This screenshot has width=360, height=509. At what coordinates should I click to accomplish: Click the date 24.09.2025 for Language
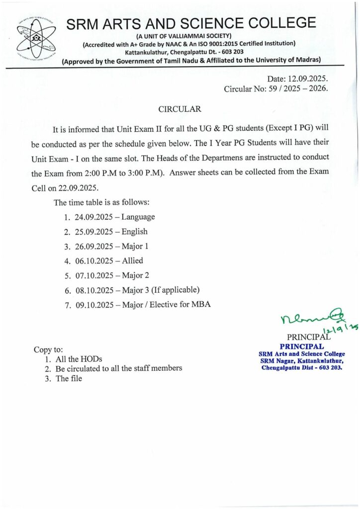pyautogui.click(x=93, y=217)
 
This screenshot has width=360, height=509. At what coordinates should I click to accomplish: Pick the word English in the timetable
pyautogui.click(x=135, y=231)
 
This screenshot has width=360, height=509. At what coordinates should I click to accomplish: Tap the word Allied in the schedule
pyautogui.click(x=132, y=260)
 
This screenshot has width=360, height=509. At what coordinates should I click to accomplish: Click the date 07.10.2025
pyautogui.click(x=93, y=275)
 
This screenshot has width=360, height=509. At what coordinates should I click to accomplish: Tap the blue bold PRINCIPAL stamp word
pyautogui.click(x=302, y=346)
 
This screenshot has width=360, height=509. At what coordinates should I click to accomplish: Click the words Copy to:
pyautogui.click(x=48, y=349)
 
